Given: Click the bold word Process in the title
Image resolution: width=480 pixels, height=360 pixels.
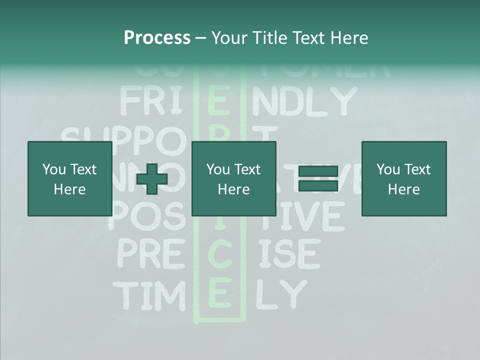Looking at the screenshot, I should pyautogui.click(x=157, y=38).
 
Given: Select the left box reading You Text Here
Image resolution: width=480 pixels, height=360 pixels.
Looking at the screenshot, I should pyautogui.click(x=69, y=178).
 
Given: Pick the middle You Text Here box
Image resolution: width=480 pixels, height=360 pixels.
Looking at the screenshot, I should pyautogui.click(x=233, y=178).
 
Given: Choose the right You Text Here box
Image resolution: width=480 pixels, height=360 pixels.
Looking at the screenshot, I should pyautogui.click(x=403, y=178).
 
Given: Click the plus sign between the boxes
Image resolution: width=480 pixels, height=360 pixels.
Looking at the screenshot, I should pyautogui.click(x=152, y=179).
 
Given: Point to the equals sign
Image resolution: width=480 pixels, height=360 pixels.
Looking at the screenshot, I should pyautogui.click(x=318, y=178).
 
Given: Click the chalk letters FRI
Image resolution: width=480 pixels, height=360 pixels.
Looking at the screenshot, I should pyautogui.click(x=149, y=101).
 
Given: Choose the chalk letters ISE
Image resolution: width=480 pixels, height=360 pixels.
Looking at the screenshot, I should pyautogui.click(x=289, y=253).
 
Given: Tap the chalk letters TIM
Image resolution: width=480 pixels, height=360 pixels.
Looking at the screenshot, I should pyautogui.click(x=149, y=295).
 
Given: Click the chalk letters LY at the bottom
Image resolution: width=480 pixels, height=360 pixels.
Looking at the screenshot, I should pyautogui.click(x=280, y=295).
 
